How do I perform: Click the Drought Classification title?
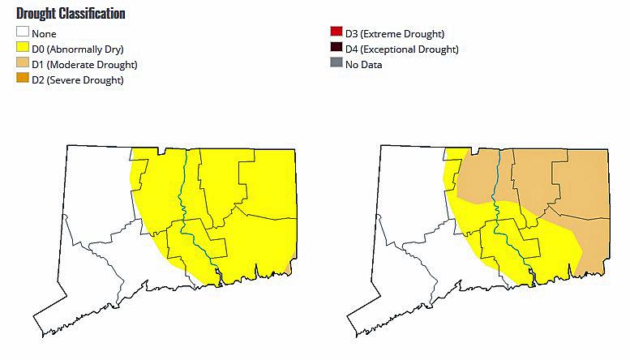click(71, 14)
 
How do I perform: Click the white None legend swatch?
click(23, 33)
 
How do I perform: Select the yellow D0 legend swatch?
click(23, 49)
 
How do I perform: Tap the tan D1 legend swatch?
click(23, 64)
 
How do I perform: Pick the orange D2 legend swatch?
click(23, 79)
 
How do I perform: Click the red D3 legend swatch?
click(336, 33)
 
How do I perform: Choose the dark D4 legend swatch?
click(336, 49)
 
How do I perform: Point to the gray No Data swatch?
click(336, 64)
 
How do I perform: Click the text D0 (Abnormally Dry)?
click(77, 49)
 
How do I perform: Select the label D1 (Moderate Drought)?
click(84, 65)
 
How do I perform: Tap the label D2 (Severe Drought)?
click(78, 80)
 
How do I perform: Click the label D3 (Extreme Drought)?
click(394, 34)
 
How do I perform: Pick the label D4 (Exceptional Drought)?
click(401, 49)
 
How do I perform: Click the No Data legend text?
click(363, 65)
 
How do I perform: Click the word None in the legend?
click(44, 34)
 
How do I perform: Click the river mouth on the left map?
click(220, 283)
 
